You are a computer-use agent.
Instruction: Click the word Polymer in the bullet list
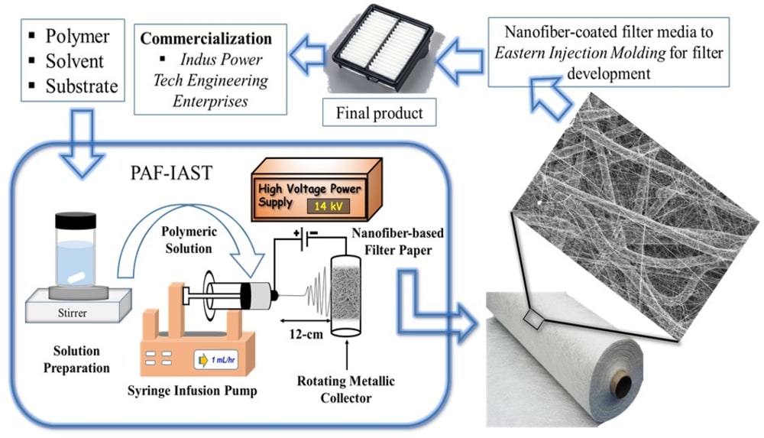click(x=77, y=36)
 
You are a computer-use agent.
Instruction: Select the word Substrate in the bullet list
click(x=82, y=86)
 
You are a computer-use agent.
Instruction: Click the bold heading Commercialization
click(x=206, y=38)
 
